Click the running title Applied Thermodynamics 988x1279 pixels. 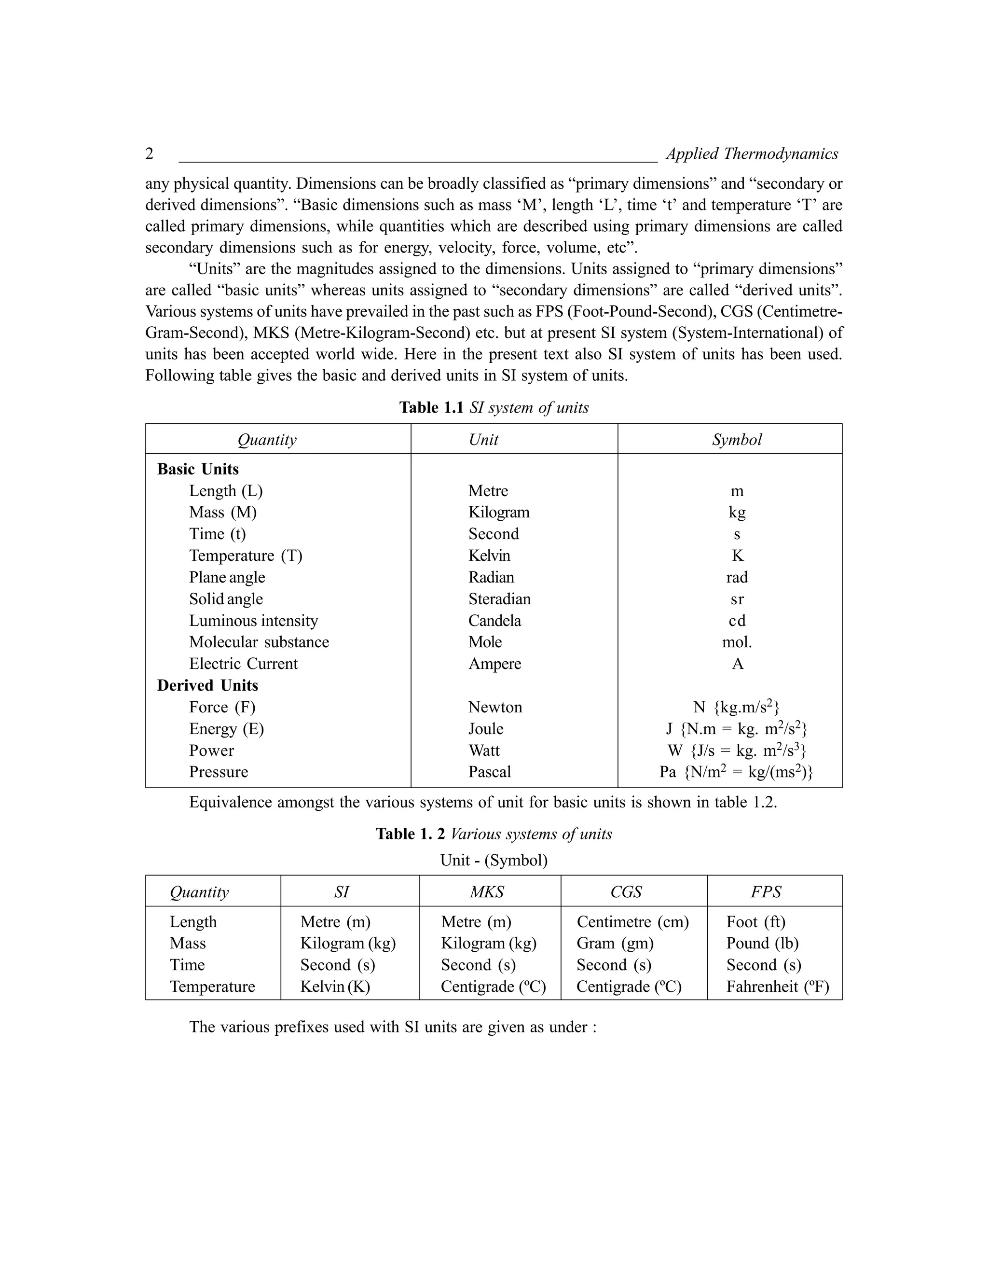click(752, 154)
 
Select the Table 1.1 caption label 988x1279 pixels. click(431, 408)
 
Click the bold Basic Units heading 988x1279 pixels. click(198, 469)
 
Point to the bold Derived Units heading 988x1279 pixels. click(207, 685)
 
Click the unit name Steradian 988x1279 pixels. click(499, 599)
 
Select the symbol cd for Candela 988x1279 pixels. click(737, 621)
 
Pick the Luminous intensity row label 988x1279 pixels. click(253, 621)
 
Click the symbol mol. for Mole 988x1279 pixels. click(737, 642)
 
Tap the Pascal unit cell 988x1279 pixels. click(489, 772)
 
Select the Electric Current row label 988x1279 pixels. click(243, 664)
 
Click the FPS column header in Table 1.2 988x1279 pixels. click(766, 892)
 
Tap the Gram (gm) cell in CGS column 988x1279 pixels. click(615, 944)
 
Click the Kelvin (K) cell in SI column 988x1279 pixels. click(335, 987)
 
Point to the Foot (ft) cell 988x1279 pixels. click(755, 922)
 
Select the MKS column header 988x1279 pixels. click(487, 892)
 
